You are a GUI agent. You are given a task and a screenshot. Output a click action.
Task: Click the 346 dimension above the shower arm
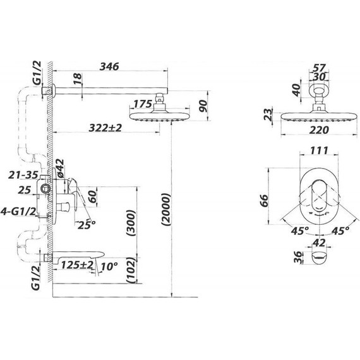tap(109, 66)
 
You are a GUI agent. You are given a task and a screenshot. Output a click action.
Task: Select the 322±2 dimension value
tap(105, 128)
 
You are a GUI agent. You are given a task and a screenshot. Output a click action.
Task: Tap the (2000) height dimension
tap(166, 210)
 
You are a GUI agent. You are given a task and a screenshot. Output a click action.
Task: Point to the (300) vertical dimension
tap(131, 223)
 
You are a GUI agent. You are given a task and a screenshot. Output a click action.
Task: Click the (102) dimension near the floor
tap(131, 270)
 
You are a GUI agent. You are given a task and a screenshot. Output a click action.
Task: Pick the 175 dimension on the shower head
tap(143, 104)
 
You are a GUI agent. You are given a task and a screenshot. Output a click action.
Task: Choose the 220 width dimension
tap(319, 130)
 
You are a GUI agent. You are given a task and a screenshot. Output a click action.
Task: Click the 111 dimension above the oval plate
tap(319, 151)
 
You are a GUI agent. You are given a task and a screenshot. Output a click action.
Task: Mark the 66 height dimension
tap(265, 201)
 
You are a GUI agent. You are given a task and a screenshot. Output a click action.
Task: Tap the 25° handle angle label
tap(86, 225)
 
